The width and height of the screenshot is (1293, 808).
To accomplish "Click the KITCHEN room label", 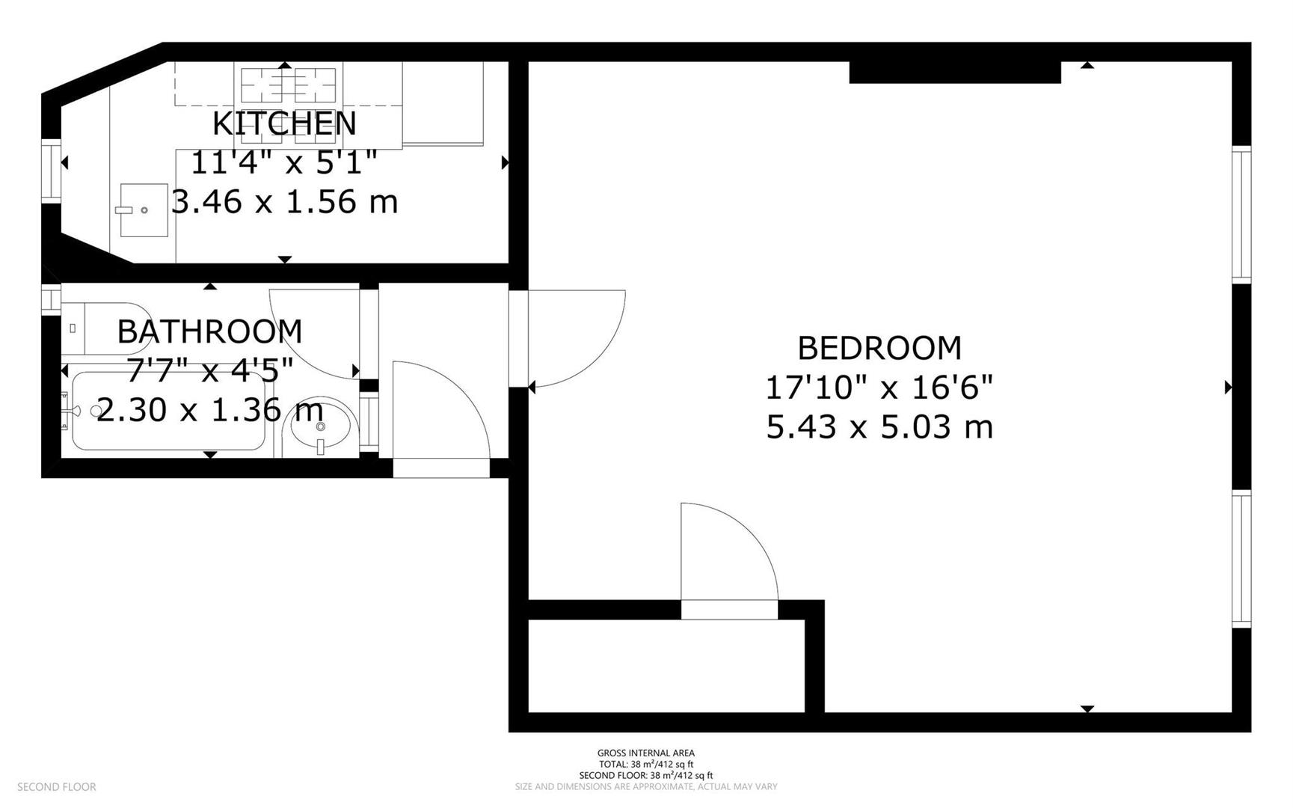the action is coord(284,123).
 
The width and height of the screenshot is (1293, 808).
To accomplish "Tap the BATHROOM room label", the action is coord(209,331).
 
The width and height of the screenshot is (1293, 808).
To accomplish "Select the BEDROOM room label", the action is coord(879,348).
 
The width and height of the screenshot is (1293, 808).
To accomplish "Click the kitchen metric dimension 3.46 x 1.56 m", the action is coord(284,202).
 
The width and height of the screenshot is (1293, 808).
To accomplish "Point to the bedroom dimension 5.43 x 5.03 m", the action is coord(879,427).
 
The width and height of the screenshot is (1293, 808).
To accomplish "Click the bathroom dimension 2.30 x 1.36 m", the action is coord(209,410).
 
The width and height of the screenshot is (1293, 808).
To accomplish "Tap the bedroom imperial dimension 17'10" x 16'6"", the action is coord(879,388).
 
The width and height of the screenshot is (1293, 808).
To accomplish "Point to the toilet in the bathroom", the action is coord(105,328).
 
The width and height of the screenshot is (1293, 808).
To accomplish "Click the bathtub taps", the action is coord(71,411).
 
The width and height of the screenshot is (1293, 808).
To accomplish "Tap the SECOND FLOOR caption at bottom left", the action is coord(57,787).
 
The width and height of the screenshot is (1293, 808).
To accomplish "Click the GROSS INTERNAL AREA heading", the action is coord(646,753).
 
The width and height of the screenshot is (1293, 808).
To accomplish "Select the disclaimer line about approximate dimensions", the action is coord(646,787).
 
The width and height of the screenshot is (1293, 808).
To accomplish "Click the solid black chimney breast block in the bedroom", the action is coord(955,72).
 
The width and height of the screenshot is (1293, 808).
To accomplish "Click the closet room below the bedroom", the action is coord(666,666).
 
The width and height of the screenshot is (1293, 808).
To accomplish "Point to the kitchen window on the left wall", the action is coord(51,171).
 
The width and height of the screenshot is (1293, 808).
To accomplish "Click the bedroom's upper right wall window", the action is coord(1241,215).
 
